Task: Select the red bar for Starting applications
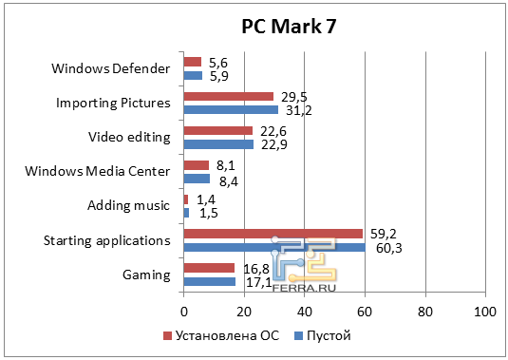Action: tap(273, 234)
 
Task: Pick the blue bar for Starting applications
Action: tap(274, 247)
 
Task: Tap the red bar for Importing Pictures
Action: tap(228, 96)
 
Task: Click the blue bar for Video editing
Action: tap(217, 144)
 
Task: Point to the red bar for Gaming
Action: tap(208, 268)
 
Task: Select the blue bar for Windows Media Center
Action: tap(196, 178)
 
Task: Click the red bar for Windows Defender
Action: tap(192, 62)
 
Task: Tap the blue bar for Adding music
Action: tap(186, 213)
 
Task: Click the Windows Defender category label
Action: tap(111, 68)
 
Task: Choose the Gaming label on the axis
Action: tap(146, 275)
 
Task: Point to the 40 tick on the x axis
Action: tap(304, 312)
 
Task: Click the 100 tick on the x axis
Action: tap(485, 312)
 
